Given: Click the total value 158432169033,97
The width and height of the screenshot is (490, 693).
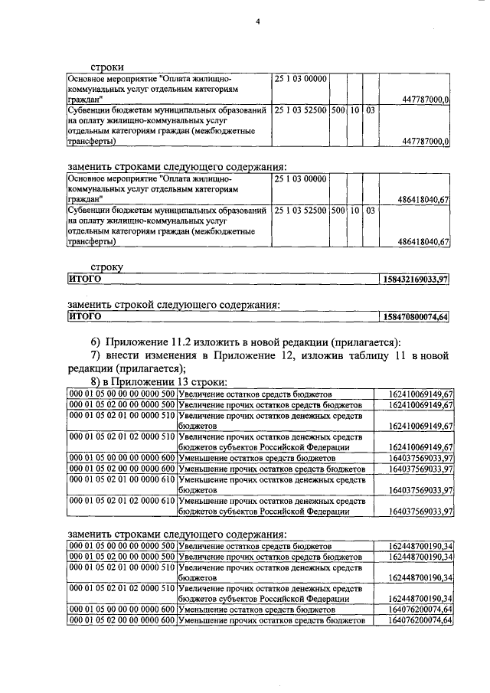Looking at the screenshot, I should [x=414, y=279].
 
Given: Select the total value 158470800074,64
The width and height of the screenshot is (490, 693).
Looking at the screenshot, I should [x=414, y=315].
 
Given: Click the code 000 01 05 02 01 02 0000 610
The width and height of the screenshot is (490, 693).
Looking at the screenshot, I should [x=122, y=500].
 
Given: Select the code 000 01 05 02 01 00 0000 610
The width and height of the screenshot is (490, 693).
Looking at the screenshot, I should [x=122, y=479].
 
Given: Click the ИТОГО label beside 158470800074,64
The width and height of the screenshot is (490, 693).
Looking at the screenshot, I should [x=85, y=315].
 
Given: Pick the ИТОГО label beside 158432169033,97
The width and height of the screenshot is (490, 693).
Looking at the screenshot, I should [x=85, y=279].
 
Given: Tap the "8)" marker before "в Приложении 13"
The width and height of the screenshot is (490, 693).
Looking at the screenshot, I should [x=97, y=381].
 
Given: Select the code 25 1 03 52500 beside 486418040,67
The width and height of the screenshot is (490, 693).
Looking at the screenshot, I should [x=301, y=210].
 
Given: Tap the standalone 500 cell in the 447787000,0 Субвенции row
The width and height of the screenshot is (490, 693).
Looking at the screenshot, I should [x=338, y=110].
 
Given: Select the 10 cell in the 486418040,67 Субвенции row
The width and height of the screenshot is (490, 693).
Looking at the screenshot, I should [x=355, y=210].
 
